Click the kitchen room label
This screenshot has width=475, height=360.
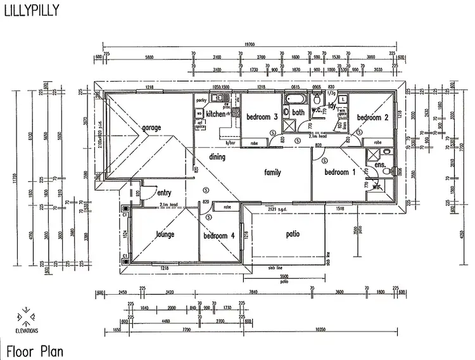click(x=215, y=114)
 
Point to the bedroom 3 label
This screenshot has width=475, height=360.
click(x=262, y=117)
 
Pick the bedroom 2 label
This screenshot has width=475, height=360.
click(x=372, y=117)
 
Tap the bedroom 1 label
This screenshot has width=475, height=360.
click(x=340, y=172)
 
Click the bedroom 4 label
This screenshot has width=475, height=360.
click(x=219, y=236)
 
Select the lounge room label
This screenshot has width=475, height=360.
click(x=165, y=235)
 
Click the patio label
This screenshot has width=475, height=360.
click(x=292, y=234)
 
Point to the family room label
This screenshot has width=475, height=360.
click(x=272, y=172)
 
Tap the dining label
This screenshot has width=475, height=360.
click(x=218, y=157)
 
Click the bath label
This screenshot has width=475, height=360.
click(x=298, y=113)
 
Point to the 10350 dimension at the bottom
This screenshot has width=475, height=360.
click(x=319, y=330)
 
